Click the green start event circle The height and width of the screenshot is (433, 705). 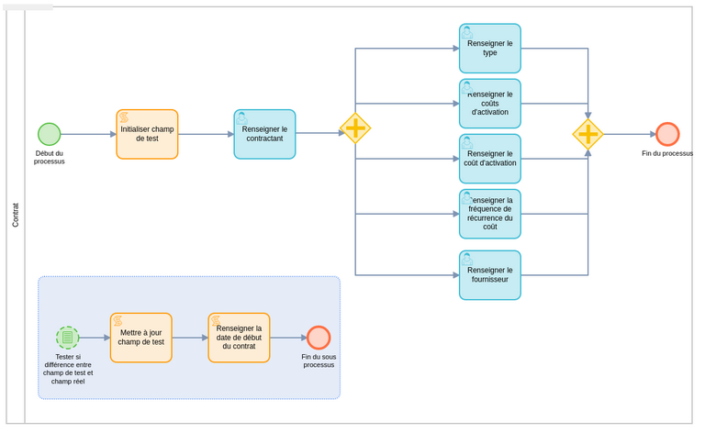[49, 134]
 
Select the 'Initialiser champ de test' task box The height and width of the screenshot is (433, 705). [147, 134]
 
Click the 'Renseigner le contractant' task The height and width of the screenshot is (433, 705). [264, 134]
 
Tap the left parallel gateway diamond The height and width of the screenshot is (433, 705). [355, 128]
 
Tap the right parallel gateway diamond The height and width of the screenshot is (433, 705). [587, 134]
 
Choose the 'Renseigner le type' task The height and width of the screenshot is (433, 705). [489, 49]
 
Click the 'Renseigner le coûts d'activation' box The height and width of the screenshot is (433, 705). [489, 104]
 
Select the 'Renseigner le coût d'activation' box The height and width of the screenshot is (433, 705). [489, 159]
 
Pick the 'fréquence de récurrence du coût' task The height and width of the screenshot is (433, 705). [489, 214]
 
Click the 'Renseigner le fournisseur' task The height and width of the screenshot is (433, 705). [489, 275]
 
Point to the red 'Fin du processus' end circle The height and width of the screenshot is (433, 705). [667, 134]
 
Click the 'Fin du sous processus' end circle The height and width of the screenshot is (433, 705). [319, 338]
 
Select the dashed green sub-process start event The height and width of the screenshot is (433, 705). [67, 338]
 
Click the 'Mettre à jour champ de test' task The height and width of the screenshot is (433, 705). [140, 338]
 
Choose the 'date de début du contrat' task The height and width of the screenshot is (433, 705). [239, 338]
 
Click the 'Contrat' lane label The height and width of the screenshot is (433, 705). [16, 216]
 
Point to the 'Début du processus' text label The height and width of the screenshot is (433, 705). [50, 157]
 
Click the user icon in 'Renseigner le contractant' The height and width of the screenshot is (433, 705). [242, 117]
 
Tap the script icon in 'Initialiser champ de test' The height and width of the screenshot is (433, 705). [124, 117]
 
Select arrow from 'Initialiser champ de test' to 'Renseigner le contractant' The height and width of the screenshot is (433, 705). [206, 134]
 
